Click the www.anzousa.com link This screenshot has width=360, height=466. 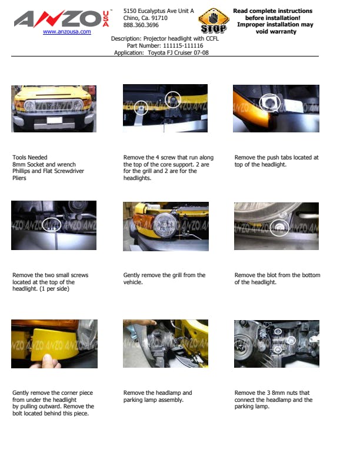tap(67, 32)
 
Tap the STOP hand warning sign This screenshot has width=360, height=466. tap(214, 21)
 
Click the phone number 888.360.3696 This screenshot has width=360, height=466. tap(141, 25)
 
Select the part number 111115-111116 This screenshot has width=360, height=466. tap(183, 46)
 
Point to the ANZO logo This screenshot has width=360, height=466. tap(62, 19)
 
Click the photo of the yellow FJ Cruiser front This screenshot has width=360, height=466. tap(54, 109)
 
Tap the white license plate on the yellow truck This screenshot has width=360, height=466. tap(55, 120)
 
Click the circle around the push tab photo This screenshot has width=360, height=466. tap(269, 103)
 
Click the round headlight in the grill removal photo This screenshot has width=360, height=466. tap(165, 225)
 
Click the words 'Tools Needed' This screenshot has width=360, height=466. tap(29, 158)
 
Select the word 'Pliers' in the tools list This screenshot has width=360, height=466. tap(19, 178)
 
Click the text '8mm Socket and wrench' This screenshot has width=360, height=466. tap(44, 164)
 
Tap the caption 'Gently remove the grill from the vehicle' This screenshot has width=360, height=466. tap(164, 278)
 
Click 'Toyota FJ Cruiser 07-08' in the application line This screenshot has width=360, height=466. tap(178, 53)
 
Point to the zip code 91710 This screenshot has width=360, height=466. tap(159, 18)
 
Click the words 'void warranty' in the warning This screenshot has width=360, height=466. tap(276, 32)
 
